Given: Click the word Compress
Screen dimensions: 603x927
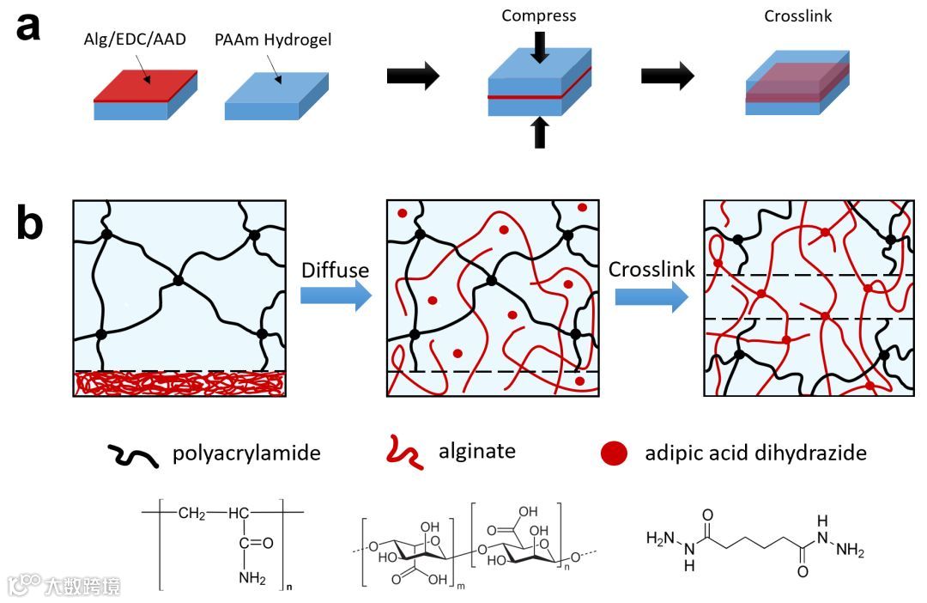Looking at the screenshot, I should click(x=538, y=15).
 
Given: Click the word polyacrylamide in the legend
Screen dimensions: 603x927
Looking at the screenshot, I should click(x=246, y=453).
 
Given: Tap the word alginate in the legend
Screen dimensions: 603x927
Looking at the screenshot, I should click(x=472, y=453).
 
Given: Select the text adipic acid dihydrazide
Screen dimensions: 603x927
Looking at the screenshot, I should click(x=755, y=453).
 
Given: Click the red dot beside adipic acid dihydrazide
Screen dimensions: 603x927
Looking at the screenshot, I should click(x=614, y=454).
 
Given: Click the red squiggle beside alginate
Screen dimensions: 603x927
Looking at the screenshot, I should click(x=404, y=452).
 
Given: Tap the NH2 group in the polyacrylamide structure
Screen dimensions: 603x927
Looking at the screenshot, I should click(x=253, y=578).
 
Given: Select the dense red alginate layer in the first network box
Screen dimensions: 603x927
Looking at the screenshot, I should click(x=179, y=383).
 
